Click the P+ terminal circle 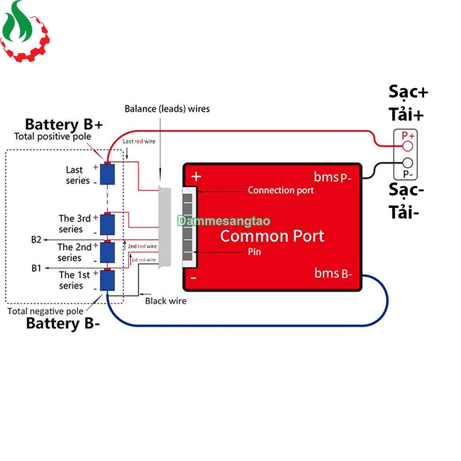[408, 146]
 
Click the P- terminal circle [408, 163]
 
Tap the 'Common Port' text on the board [272, 236]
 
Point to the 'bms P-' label [333, 177]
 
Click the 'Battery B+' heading [64, 124]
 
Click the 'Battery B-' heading [63, 323]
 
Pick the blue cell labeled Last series [108, 174]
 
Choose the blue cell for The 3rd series [108, 224]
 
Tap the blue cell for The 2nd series [108, 252]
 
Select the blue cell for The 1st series [108, 280]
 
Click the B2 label [36, 240]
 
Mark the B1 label [36, 268]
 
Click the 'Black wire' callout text [166, 301]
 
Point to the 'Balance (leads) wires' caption [167, 108]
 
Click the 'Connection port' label [280, 190]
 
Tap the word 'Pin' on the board [254, 252]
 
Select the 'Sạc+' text [408, 92]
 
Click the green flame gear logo [25, 32]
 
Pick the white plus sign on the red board [196, 176]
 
